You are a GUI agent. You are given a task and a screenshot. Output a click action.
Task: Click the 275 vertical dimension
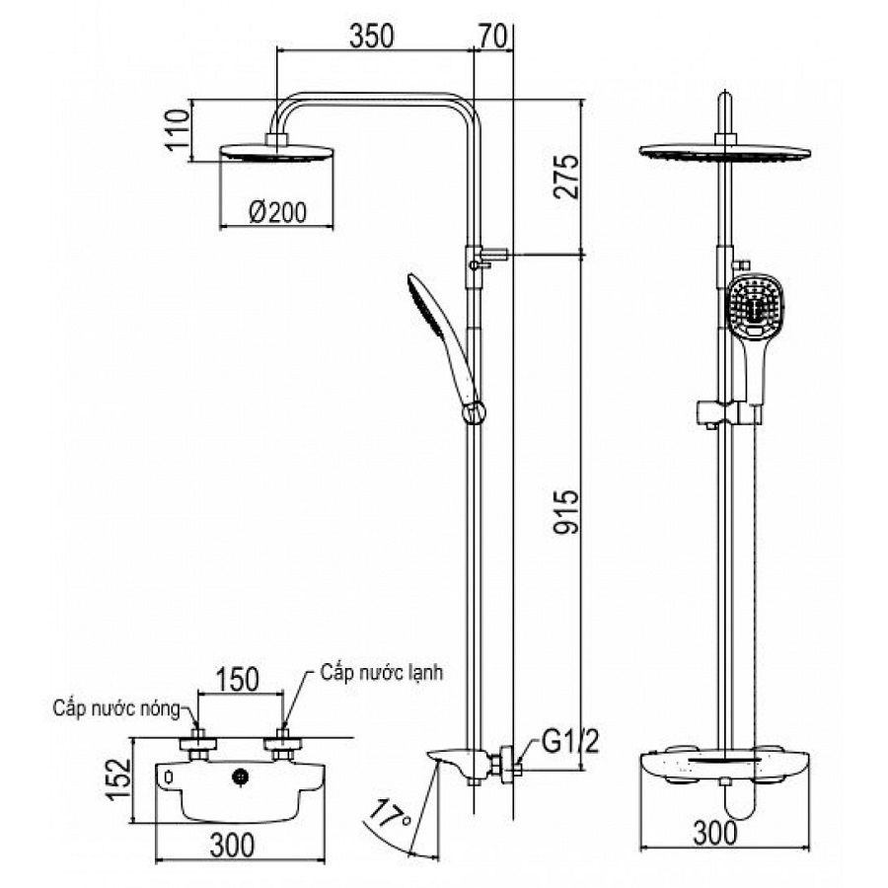[x=566, y=177]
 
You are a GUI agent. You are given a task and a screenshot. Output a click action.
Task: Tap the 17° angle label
[x=392, y=816]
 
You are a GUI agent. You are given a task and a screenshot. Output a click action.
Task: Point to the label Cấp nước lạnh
[x=382, y=673]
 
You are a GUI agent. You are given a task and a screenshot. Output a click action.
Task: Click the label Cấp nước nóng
[x=117, y=707]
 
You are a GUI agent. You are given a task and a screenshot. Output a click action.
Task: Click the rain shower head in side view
[x=275, y=153]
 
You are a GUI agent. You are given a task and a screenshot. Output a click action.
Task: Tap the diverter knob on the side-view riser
[x=488, y=257]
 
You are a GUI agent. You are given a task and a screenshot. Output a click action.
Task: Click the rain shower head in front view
[x=725, y=153]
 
